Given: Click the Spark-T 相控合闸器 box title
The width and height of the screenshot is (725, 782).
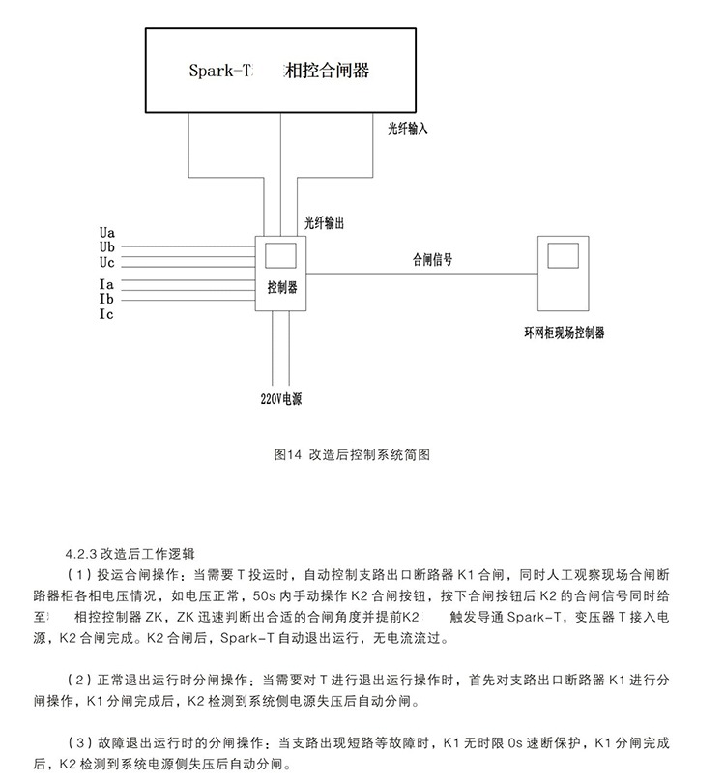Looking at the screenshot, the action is (278, 71).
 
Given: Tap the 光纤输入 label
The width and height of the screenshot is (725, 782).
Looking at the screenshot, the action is (408, 130).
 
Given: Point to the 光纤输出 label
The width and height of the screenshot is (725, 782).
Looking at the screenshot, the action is (325, 223).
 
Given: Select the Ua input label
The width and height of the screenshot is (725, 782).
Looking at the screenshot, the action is (106, 233).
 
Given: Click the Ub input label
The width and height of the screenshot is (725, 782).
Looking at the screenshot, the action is (106, 247).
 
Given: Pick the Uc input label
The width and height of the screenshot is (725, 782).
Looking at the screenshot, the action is (106, 262).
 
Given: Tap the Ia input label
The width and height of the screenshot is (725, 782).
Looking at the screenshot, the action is (106, 284).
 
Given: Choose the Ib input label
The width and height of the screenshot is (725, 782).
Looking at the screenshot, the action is (106, 299).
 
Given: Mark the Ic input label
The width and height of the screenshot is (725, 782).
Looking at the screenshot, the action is (106, 314).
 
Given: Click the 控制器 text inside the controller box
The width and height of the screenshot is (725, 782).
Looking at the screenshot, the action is (282, 287).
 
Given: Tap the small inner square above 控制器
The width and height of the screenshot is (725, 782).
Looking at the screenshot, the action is (280, 255).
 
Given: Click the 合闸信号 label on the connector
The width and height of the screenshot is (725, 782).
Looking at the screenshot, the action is (432, 259).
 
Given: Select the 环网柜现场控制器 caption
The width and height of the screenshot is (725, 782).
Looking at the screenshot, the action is (565, 333).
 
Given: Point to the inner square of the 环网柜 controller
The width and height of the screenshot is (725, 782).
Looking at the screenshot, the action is (563, 255).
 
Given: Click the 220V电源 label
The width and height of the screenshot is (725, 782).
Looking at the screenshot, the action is (281, 399).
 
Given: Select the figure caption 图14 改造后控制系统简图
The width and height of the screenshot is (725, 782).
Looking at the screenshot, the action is (352, 455).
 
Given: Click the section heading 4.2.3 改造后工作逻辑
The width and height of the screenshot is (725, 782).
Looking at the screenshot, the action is (130, 554).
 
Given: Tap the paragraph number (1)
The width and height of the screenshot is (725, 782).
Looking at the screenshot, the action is (80, 575).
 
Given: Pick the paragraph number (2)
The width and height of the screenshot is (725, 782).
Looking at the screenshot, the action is (80, 680).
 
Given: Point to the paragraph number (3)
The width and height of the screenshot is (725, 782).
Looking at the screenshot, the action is (80, 742).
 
